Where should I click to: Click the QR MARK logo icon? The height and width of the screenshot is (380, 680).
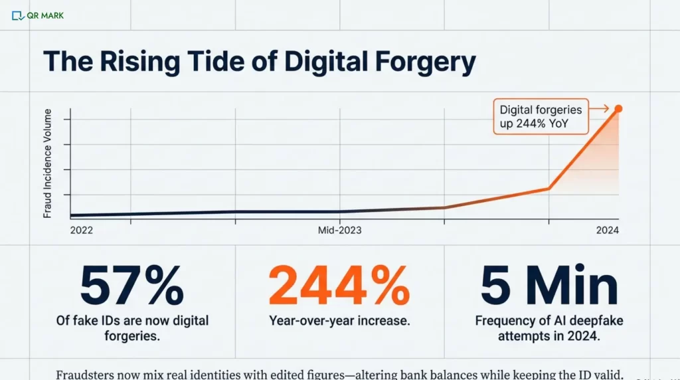coord(18,15)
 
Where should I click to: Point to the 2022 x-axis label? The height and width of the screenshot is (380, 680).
coord(81,230)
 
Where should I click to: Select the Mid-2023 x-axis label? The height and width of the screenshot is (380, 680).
coord(339,230)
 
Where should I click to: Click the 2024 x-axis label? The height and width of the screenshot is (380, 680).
coord(607,230)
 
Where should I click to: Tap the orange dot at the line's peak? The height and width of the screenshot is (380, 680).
coord(618,108)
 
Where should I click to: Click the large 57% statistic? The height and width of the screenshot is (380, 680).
coord(131,285)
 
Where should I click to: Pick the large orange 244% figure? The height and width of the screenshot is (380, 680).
coord(339,285)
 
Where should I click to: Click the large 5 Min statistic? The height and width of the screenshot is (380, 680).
coord(549,285)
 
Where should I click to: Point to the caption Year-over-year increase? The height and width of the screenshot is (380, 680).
coord(339,321)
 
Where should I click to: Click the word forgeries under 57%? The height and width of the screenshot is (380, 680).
coord(131,336)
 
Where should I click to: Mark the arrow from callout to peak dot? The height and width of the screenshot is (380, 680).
coord(600,108)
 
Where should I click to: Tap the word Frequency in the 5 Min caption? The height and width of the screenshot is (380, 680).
coord(506,321)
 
